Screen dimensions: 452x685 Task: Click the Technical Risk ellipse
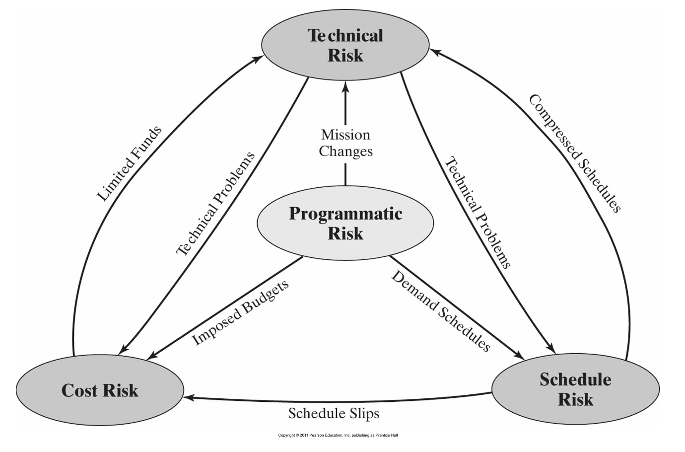[345, 45]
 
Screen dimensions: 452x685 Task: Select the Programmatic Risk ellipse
[345, 223]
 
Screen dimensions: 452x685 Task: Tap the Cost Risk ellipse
[100, 390]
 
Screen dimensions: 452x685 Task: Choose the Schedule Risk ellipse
[575, 389]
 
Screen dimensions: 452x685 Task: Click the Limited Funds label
[129, 164]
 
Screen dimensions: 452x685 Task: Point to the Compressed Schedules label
[575, 153]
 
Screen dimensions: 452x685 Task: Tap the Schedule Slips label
[334, 413]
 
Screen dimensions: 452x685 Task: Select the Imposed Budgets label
[240, 313]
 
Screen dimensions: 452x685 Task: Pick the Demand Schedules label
[441, 311]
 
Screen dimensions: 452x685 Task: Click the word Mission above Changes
[345, 135]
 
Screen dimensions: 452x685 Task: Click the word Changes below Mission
[345, 151]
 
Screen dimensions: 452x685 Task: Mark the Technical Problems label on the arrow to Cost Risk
[215, 204]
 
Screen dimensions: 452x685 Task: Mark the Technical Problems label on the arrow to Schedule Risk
[477, 213]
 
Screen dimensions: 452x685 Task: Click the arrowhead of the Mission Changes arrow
[345, 86]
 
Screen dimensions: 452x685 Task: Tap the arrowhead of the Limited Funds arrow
[260, 58]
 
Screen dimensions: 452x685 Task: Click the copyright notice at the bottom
[338, 435]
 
